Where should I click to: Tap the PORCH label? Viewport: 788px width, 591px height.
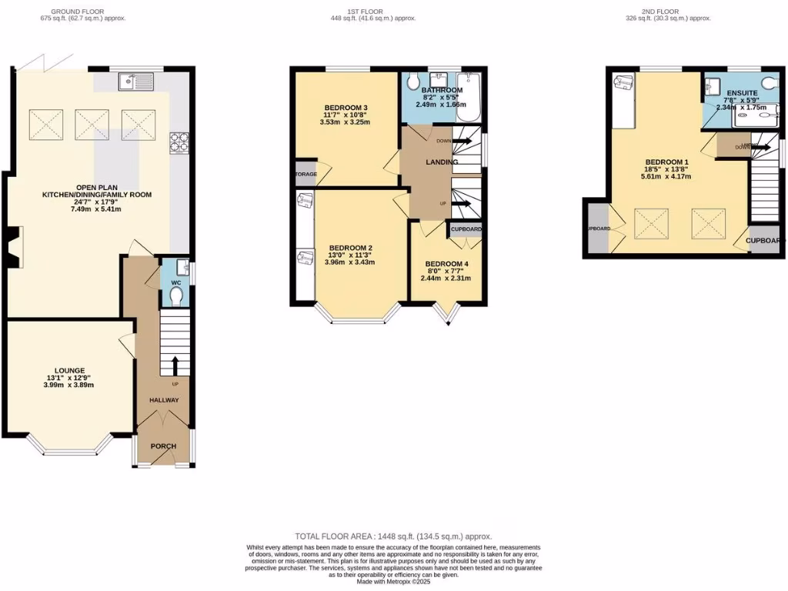[163, 446]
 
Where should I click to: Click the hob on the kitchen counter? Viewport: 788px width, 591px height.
[179, 142]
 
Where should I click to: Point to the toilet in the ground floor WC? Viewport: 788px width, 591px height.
[175, 296]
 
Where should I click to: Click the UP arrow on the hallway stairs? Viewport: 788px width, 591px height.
[175, 366]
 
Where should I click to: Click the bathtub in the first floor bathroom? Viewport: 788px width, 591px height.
[468, 98]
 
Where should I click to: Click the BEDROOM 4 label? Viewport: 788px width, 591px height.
[446, 264]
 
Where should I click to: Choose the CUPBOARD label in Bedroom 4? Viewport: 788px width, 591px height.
[466, 229]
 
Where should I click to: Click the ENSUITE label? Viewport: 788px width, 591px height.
[742, 92]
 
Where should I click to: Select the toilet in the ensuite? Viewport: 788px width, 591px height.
[766, 84]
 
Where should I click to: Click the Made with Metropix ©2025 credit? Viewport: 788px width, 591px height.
[394, 582]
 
